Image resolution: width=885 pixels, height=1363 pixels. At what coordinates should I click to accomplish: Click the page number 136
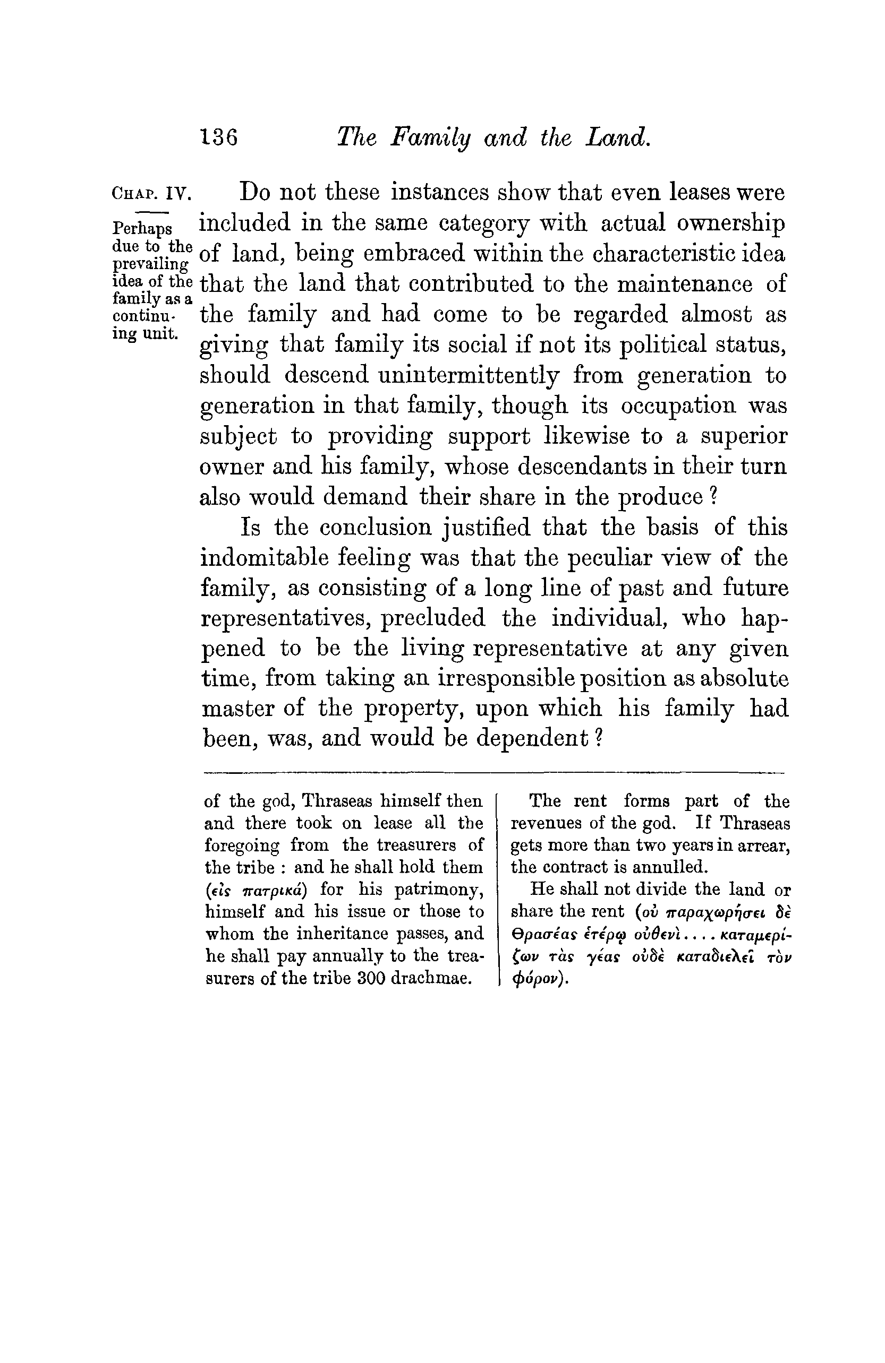click(x=218, y=137)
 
